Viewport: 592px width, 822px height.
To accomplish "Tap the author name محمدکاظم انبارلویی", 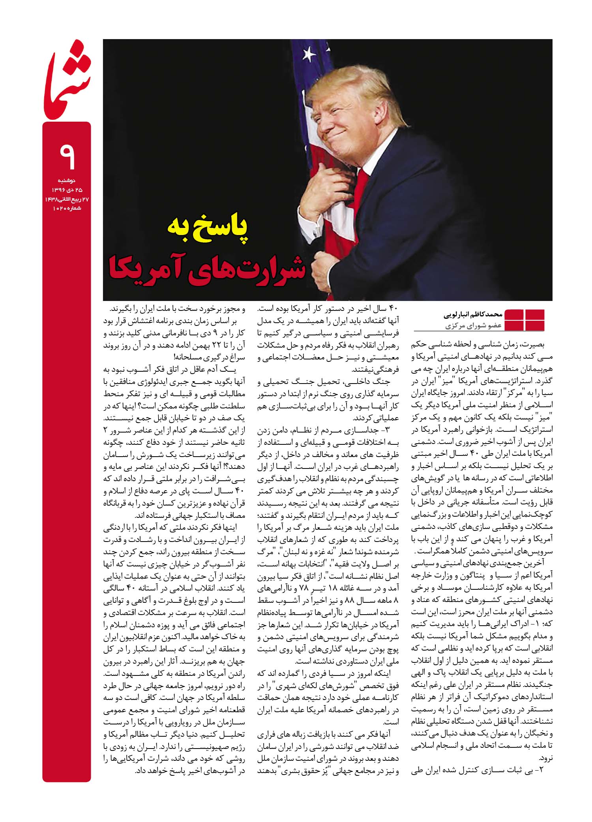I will tap(471, 316).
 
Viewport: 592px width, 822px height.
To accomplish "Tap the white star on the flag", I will tap(309, 52).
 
